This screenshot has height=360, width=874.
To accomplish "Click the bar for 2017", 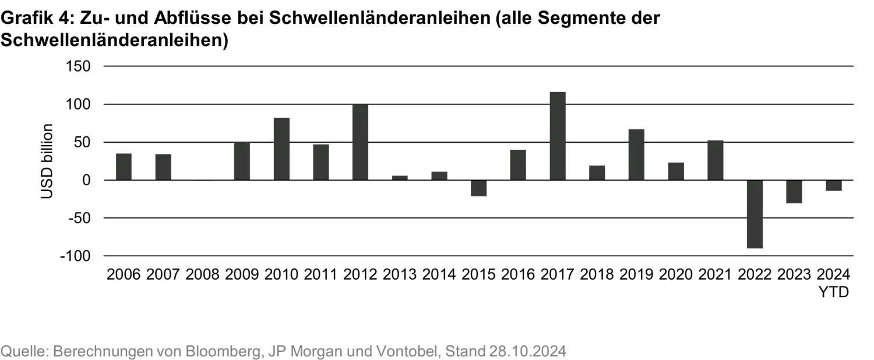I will coord(558,136).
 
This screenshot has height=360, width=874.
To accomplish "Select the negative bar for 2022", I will coord(755,214).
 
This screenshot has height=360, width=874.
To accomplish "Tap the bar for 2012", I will coord(360,142).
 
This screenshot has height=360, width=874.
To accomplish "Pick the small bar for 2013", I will coord(400,178).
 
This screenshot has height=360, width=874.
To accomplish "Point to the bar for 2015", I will coord(478,188).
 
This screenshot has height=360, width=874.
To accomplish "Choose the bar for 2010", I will coord(281,149).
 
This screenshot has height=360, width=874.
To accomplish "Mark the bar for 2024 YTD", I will coord(833,185).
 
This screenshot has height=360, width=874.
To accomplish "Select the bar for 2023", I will coord(794,192).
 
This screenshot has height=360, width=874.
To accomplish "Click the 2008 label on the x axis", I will coord(202,274).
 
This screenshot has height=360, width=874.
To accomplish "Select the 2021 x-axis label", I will coord(715,274).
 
